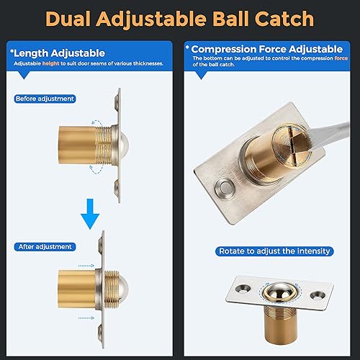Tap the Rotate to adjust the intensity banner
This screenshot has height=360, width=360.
click(x=274, y=251)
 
